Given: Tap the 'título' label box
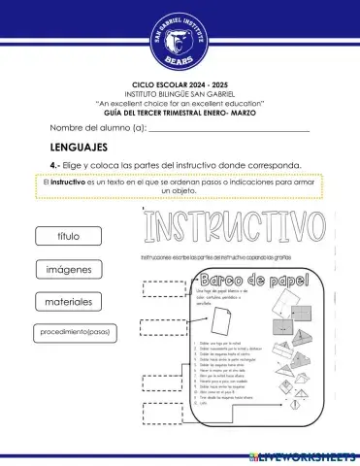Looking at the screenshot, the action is tap(68, 236).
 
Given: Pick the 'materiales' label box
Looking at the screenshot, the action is tap(68, 302).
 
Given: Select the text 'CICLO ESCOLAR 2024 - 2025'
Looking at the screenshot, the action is tap(180, 85).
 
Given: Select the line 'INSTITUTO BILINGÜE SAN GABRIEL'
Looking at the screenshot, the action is tap(180, 93).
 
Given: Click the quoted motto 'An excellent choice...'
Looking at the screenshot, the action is tap(180, 102).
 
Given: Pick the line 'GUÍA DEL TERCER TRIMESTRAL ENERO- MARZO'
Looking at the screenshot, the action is tap(180, 111).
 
